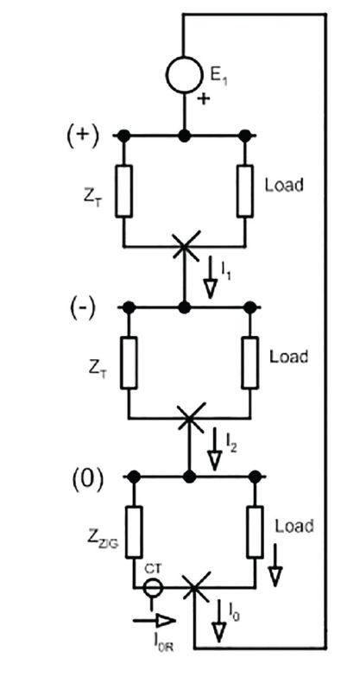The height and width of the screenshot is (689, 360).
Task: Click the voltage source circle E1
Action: point(185,75)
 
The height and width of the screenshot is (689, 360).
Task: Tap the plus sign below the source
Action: point(203,99)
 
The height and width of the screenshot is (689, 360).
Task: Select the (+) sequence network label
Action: point(83,139)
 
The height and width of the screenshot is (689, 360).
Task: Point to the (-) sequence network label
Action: point(83,310)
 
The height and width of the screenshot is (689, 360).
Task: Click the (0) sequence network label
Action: point(88,480)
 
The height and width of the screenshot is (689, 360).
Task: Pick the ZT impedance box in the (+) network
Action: point(124,191)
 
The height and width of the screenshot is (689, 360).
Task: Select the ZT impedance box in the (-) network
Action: point(129,363)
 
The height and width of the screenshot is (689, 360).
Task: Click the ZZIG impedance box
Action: point(134,532)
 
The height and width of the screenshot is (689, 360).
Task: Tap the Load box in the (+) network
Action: point(245,191)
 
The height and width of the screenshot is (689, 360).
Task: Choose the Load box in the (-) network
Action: point(250,363)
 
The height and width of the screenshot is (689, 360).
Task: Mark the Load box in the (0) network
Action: point(256,532)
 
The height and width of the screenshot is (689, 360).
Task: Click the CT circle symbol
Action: point(152,587)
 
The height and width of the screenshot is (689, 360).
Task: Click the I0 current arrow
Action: point(219,621)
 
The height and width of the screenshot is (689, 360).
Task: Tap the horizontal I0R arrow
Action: point(155,620)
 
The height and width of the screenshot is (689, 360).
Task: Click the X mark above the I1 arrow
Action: point(185,247)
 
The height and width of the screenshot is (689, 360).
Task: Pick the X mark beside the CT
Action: point(194,587)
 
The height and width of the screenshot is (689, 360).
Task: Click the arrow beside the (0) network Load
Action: point(275,565)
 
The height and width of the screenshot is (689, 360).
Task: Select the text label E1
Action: point(219,77)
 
